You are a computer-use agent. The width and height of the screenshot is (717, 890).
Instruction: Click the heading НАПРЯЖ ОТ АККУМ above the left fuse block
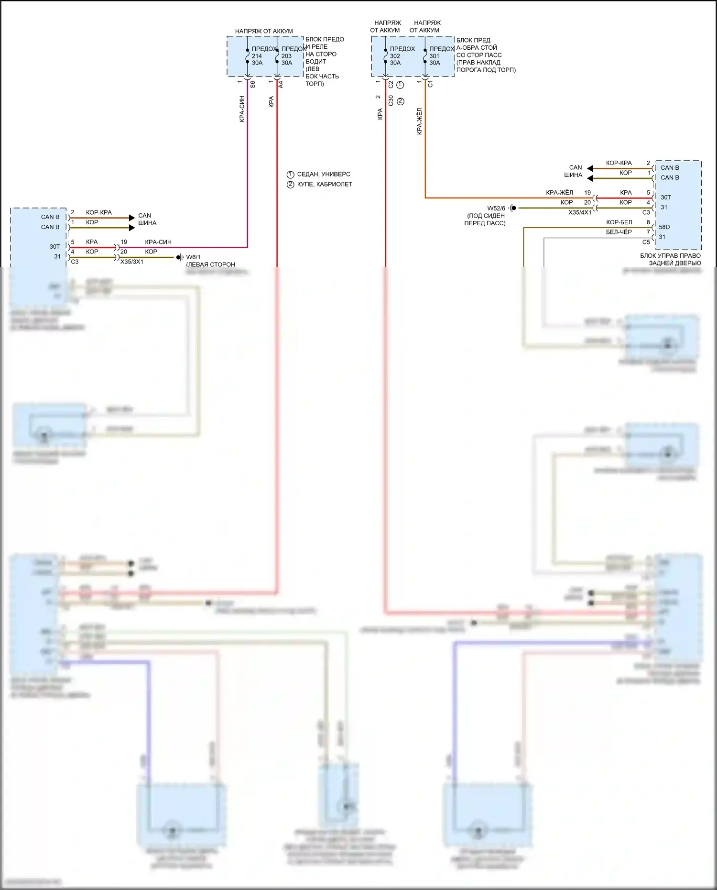[264, 31]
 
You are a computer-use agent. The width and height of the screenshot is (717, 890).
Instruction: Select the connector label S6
[253, 84]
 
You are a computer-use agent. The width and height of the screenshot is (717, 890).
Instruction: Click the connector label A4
[281, 84]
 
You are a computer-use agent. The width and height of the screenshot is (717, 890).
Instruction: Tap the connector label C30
[391, 100]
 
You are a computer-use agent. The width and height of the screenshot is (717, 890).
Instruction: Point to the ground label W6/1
[193, 257]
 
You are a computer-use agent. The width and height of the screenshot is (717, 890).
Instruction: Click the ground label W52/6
[496, 209]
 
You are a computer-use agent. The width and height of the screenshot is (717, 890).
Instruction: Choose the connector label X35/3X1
[132, 262]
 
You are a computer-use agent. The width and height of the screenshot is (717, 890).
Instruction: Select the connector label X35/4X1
[580, 212]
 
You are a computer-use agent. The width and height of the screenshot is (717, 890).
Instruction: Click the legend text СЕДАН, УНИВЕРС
[324, 175]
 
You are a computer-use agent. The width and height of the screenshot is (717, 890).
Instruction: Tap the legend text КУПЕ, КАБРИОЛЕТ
[325, 184]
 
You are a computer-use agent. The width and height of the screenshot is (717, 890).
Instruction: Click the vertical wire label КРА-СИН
[242, 109]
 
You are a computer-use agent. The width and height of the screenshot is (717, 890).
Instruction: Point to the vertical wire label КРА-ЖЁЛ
[420, 121]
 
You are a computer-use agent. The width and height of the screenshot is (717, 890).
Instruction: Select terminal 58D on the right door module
[664, 227]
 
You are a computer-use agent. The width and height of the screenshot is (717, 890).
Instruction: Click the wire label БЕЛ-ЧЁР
[619, 232]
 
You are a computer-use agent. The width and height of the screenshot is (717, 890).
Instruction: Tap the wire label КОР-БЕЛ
[619, 222]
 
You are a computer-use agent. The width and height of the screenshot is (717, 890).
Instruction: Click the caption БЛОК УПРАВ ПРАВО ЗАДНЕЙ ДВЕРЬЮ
[671, 259]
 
